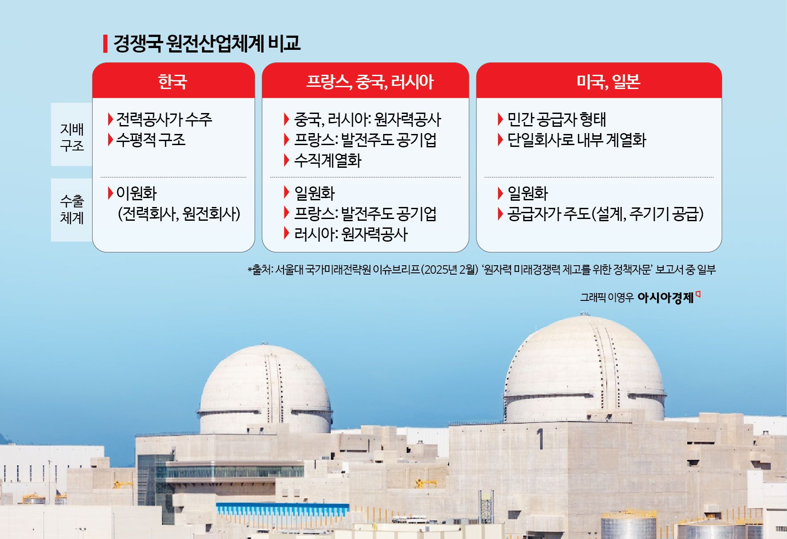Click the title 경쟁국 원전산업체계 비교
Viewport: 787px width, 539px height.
click(207, 44)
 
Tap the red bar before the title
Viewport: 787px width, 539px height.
click(105, 44)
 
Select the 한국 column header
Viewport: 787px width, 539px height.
click(173, 81)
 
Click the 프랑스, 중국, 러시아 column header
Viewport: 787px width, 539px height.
click(369, 81)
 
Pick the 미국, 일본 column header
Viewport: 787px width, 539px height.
click(608, 81)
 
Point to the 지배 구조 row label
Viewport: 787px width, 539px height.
click(72, 137)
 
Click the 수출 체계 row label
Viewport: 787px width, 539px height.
click(72, 210)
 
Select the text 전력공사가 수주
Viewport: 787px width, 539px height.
click(164, 119)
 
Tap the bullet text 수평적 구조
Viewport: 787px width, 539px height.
click(150, 140)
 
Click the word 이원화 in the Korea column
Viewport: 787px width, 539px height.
click(136, 193)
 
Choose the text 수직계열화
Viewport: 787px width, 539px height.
click(328, 160)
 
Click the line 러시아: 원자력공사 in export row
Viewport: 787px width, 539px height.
click(351, 234)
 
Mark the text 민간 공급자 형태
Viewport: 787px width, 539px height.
click(556, 119)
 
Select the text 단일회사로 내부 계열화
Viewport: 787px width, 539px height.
click(576, 140)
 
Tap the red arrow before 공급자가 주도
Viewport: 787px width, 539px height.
click(500, 214)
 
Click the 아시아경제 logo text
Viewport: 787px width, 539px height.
click(665, 297)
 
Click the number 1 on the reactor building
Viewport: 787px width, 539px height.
click(540, 439)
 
